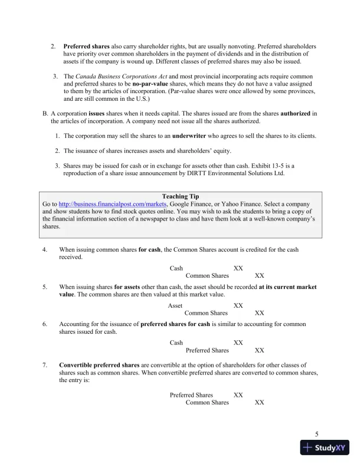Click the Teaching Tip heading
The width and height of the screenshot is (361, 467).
180,196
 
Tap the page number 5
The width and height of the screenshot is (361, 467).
317,435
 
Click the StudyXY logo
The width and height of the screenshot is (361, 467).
325,448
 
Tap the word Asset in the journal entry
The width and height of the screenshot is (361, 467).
175,305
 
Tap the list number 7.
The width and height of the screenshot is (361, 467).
45,366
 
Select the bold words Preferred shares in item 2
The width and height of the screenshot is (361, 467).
86,46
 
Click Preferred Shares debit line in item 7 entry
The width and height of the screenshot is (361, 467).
191,395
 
